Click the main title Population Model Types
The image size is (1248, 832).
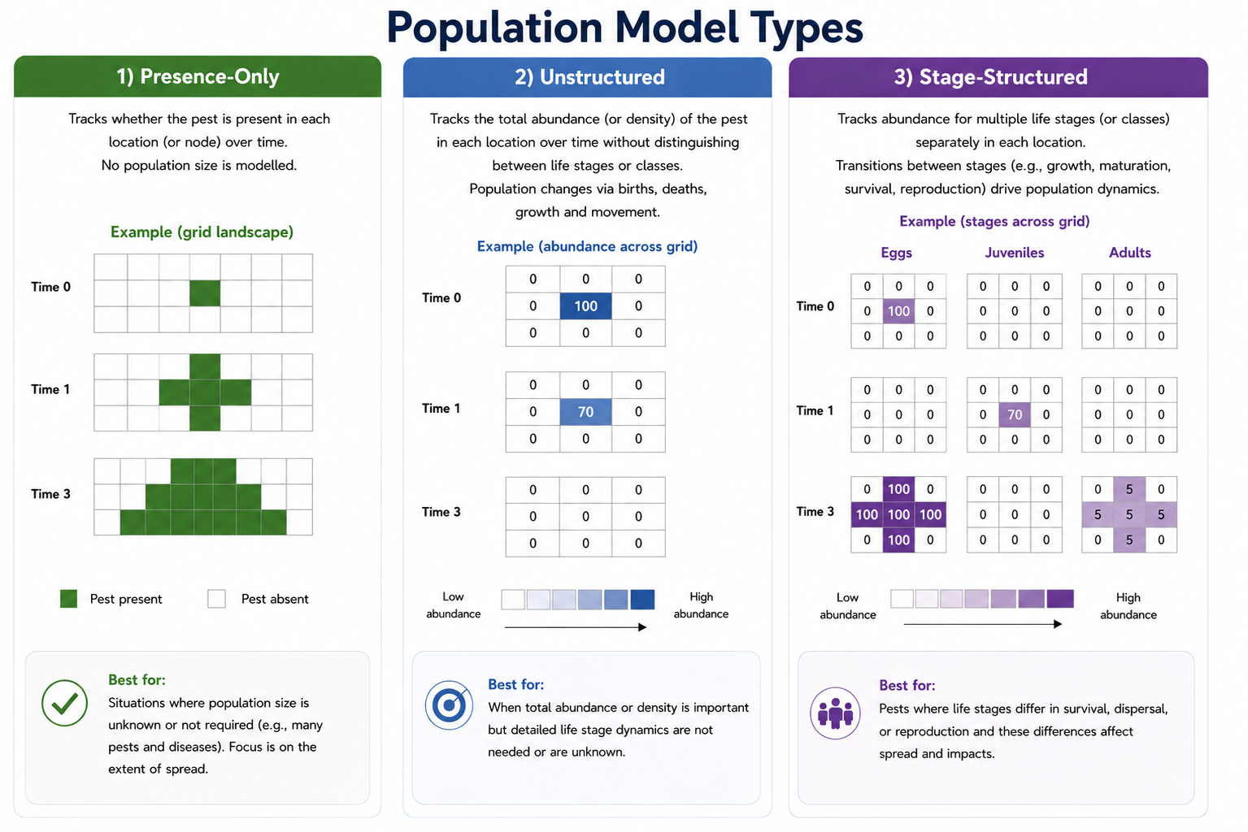click(624, 27)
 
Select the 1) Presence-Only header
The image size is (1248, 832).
click(198, 76)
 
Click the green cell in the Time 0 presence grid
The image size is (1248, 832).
click(205, 293)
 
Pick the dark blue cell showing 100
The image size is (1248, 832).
click(585, 305)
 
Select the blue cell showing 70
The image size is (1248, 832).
click(585, 412)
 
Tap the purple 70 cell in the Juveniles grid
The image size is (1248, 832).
click(1015, 414)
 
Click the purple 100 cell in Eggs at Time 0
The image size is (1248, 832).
click(898, 310)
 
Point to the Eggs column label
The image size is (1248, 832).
click(897, 253)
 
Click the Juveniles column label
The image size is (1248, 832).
click(1015, 253)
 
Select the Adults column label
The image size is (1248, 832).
click(1130, 253)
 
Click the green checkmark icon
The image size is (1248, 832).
click(64, 703)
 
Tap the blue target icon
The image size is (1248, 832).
click(449, 705)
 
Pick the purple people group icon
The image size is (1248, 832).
click(835, 713)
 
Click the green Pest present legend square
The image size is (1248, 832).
click(68, 599)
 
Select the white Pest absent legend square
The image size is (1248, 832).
click(217, 599)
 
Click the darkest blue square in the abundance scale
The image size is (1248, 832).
click(642, 599)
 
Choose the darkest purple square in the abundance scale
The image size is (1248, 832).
click(1059, 599)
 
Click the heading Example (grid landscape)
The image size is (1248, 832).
click(202, 232)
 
